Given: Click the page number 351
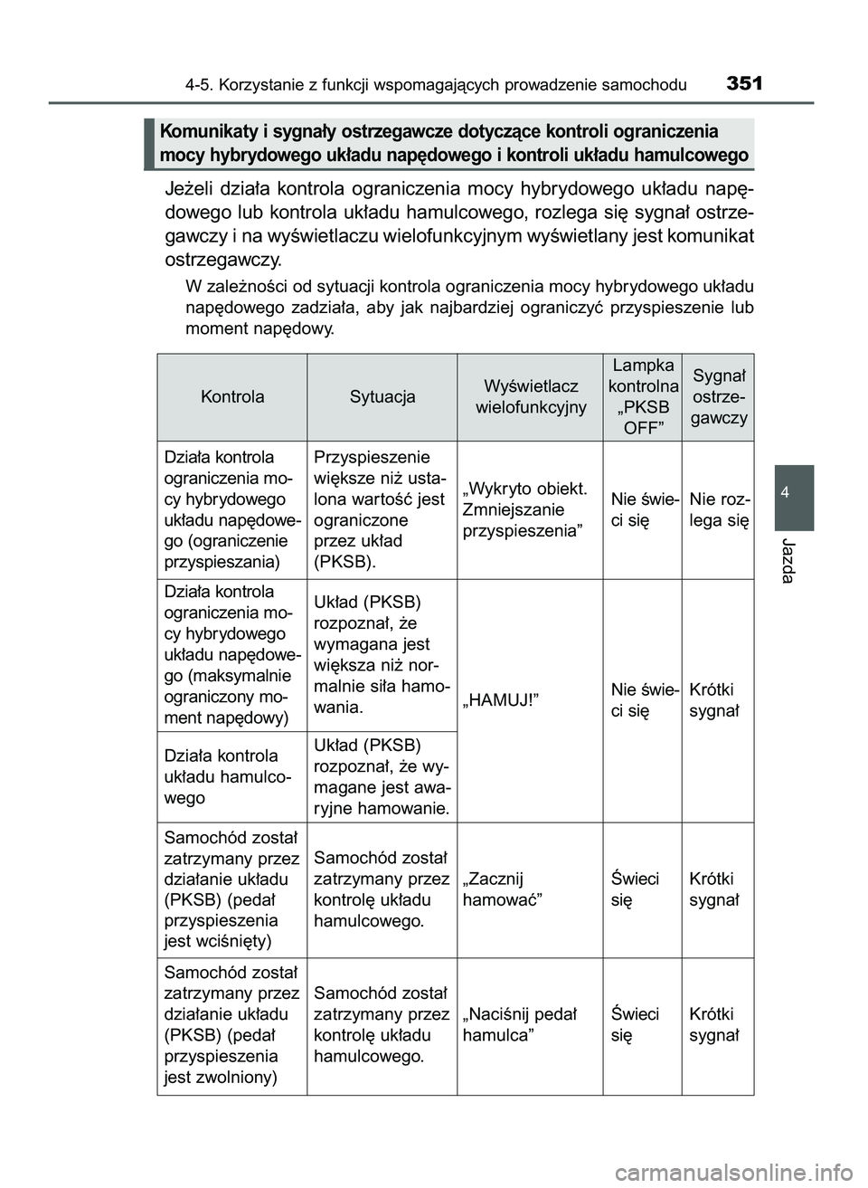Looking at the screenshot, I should [x=744, y=84].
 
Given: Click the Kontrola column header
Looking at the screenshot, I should [x=232, y=396].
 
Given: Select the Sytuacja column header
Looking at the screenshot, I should [x=382, y=396].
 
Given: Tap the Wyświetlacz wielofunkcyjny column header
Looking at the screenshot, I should [x=531, y=396].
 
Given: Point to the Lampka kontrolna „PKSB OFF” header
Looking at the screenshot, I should [x=643, y=396].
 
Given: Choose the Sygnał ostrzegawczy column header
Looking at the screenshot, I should [x=719, y=396].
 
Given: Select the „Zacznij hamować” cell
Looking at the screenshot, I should [x=503, y=889].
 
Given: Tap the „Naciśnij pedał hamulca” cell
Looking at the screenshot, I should [x=519, y=1024].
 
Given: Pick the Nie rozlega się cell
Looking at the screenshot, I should [x=719, y=509].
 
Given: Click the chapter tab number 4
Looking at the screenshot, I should [x=793, y=492].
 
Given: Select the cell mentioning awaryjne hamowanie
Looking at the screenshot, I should [x=382, y=776].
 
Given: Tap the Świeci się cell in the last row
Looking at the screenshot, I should [x=635, y=1024].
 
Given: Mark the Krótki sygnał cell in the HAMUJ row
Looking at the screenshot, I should [x=713, y=699].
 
